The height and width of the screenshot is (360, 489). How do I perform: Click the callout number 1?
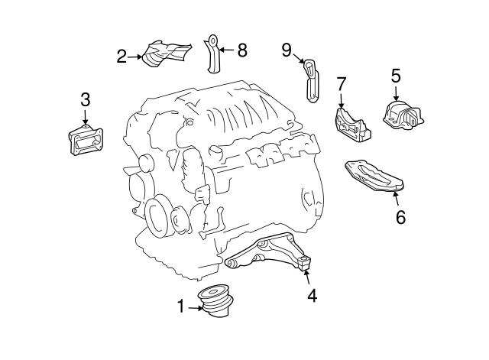pyautogui.click(x=182, y=307)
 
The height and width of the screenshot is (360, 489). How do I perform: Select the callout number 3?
pyautogui.click(x=85, y=99)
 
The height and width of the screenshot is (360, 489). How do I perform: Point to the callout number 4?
pyautogui.click(x=312, y=294)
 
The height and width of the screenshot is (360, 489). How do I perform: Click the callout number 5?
pyautogui.click(x=395, y=76)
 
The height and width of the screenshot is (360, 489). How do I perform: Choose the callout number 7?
pyautogui.click(x=342, y=83)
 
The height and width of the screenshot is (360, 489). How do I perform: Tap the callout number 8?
pyautogui.click(x=242, y=50)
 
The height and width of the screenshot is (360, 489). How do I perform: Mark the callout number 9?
pyautogui.click(x=287, y=50)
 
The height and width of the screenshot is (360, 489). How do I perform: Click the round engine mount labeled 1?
pyautogui.click(x=217, y=301)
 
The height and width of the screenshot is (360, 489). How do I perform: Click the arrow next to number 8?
pyautogui.click(x=227, y=50)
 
